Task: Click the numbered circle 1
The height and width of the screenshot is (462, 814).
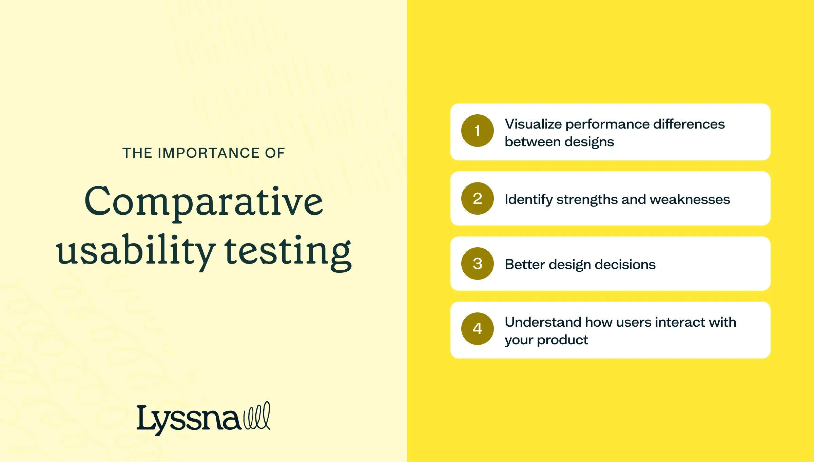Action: point(477,131)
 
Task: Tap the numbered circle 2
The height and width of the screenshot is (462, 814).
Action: point(477,198)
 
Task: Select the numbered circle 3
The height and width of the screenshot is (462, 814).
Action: point(477,264)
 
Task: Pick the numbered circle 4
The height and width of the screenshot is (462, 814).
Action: point(477,329)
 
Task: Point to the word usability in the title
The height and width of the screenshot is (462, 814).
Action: point(135,251)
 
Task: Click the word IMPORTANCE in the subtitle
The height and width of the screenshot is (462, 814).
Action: point(209,153)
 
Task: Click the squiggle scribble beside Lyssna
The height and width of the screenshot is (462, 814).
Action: point(257,416)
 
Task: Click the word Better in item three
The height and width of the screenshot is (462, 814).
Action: point(524,264)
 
